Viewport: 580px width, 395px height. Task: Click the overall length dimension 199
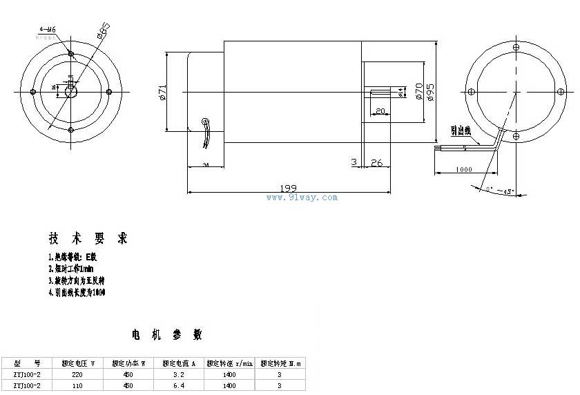pyautogui.click(x=289, y=187)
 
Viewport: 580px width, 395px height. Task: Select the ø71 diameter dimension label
pyautogui.click(x=162, y=93)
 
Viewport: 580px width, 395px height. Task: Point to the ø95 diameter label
pyautogui.click(x=430, y=92)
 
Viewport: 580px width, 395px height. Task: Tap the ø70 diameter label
pyautogui.click(x=419, y=92)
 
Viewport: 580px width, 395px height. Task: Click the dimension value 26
pyautogui.click(x=376, y=163)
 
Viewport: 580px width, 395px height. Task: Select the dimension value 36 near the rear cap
pyautogui.click(x=206, y=165)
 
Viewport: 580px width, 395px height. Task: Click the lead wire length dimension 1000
pyautogui.click(x=464, y=169)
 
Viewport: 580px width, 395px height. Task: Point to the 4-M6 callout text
pyautogui.click(x=48, y=30)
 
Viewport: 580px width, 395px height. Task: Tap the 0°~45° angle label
pyautogui.click(x=501, y=191)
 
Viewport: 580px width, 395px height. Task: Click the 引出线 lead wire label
pyautogui.click(x=460, y=129)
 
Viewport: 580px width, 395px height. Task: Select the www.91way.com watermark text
pyautogui.click(x=302, y=197)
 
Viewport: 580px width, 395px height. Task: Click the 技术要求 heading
pyautogui.click(x=88, y=239)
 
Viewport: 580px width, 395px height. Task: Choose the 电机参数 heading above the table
pyautogui.click(x=167, y=335)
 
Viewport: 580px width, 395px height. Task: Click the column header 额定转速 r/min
pyautogui.click(x=229, y=363)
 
